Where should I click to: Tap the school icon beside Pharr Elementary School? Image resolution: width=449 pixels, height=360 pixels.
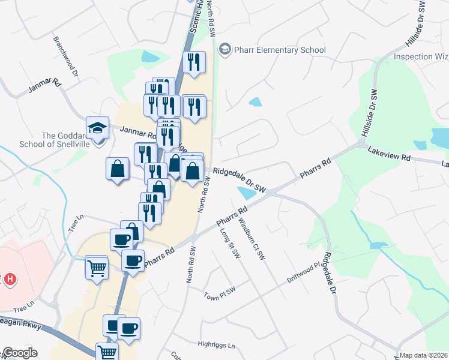pyautogui.click(x=225, y=49)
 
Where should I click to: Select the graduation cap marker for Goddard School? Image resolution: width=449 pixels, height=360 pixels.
pyautogui.click(x=97, y=128)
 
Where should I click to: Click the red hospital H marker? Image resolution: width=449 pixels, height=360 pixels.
pyautogui.click(x=10, y=279)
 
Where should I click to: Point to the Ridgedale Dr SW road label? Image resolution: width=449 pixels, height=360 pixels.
pyautogui.click(x=240, y=181)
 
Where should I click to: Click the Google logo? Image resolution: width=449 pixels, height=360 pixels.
pyautogui.click(x=20, y=353)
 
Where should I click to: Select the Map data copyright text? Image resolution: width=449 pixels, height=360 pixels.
pyautogui.click(x=424, y=355)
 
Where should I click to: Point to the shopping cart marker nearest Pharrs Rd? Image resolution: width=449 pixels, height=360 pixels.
pyautogui.click(x=97, y=268)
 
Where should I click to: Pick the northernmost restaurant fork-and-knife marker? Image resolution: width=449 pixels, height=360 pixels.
pyautogui.click(x=194, y=62)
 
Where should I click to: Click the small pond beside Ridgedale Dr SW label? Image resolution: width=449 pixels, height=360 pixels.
pyautogui.click(x=246, y=193)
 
